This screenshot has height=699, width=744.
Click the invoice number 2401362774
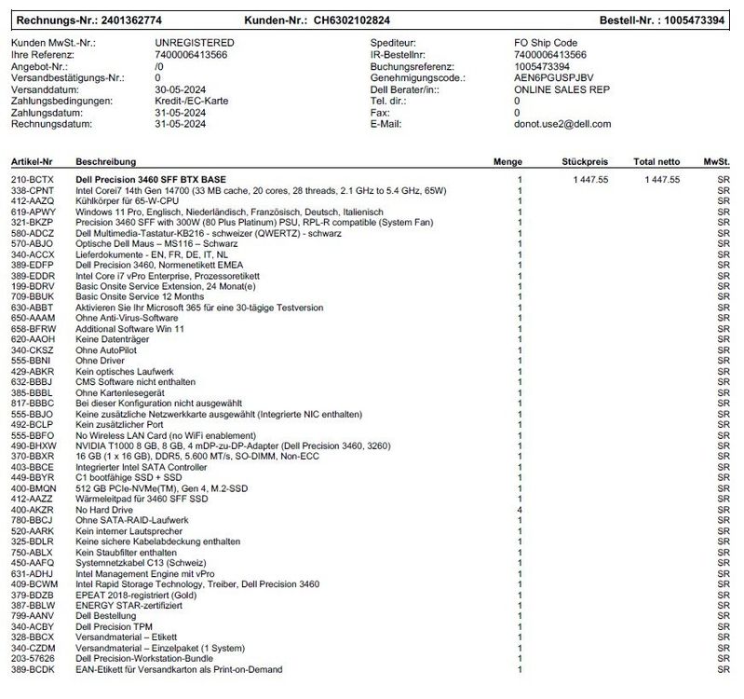pos(130,20)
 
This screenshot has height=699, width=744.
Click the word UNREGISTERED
pos(194,43)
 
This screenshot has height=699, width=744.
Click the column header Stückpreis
pos(585,162)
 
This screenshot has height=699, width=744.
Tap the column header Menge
pos(507,162)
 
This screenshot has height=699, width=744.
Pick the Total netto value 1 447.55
pos(656,179)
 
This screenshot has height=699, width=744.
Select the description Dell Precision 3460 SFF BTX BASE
pos(152,179)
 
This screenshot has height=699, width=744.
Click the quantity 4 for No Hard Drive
pos(520,510)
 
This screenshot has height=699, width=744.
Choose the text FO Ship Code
pos(546,43)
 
